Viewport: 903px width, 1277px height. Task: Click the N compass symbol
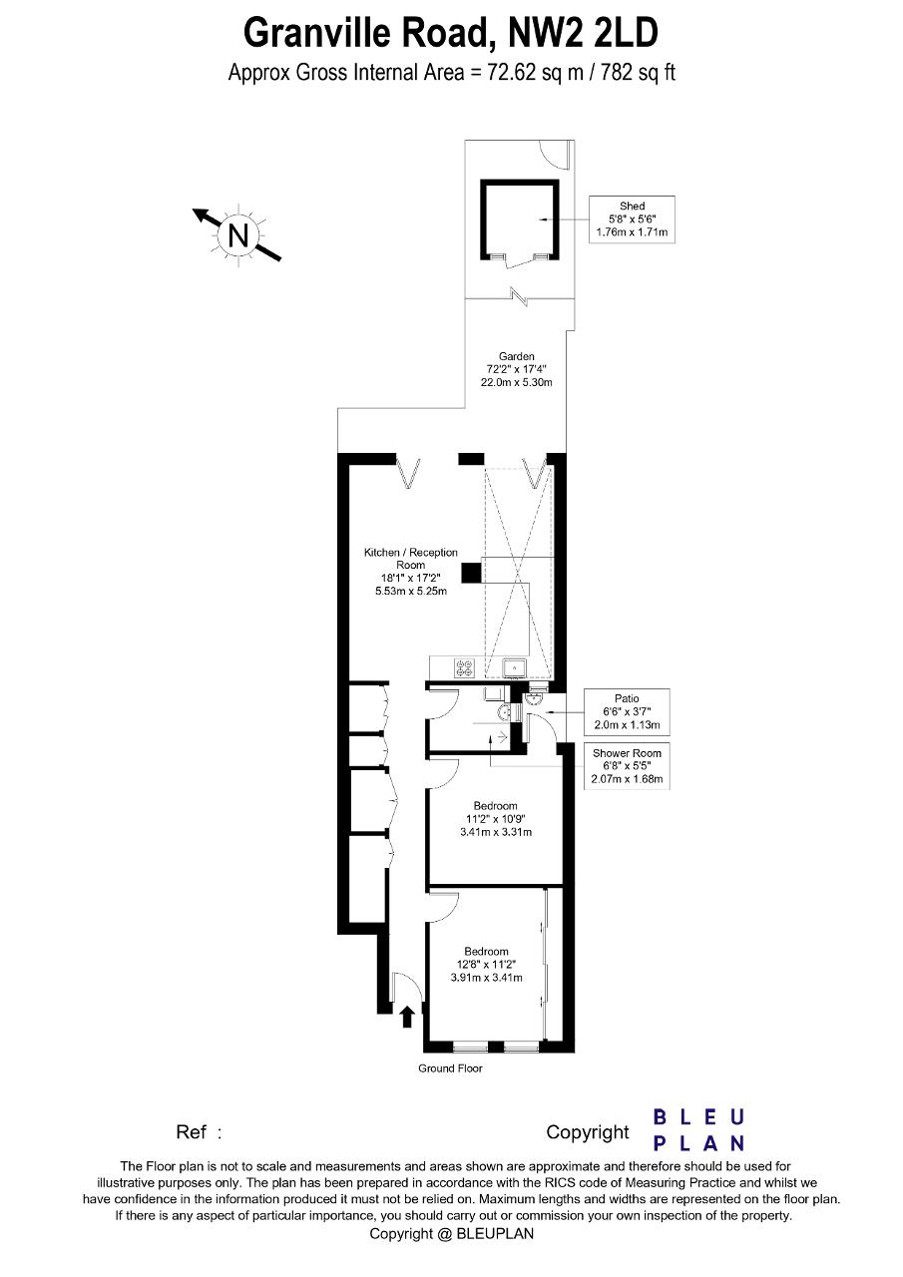tap(237, 234)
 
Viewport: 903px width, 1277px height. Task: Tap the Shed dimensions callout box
tap(632, 219)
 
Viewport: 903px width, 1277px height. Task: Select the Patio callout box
tap(627, 711)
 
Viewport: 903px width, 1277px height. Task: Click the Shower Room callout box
tap(627, 765)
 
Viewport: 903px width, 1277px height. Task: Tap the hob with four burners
tap(464, 667)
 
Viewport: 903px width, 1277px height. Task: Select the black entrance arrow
tap(406, 1017)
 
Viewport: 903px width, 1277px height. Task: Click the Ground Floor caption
tap(450, 1068)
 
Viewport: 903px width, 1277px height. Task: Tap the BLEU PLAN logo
tap(698, 1130)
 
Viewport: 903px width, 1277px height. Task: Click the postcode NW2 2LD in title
tap(583, 33)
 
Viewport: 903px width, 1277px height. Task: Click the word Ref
tap(191, 1131)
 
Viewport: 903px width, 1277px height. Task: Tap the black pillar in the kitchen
tap(471, 573)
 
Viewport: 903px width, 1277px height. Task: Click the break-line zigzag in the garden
tap(520, 296)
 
